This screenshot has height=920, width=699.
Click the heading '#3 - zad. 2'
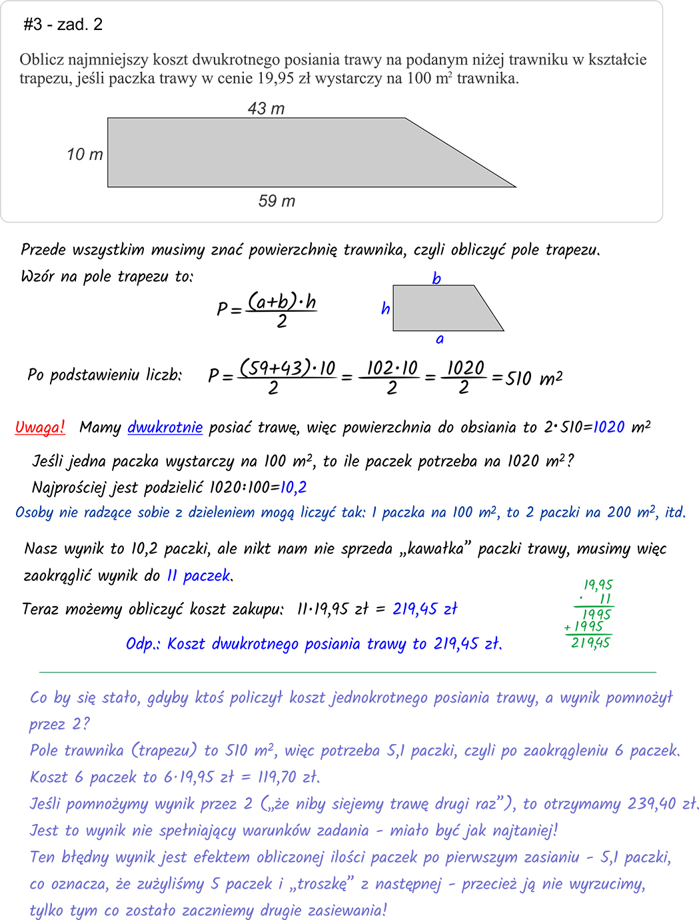coord(63,25)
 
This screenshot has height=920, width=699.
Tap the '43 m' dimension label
coord(266,109)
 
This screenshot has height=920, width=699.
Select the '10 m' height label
coord(85,155)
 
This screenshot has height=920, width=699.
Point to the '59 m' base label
coord(277,201)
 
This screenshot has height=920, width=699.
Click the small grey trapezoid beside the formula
coord(440,308)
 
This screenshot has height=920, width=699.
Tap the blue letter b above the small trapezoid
coord(436,278)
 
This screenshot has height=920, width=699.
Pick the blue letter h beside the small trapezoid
coord(385,308)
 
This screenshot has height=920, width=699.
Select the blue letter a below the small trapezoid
coord(440,339)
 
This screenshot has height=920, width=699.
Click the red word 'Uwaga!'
coord(40,427)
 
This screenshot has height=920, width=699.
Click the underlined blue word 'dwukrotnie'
coord(165,427)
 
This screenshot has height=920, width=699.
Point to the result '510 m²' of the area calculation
coord(533,378)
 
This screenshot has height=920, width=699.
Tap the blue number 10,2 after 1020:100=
coord(293,488)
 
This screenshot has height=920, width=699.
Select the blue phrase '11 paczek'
coord(199,575)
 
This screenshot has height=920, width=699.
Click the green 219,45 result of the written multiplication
coord(590,643)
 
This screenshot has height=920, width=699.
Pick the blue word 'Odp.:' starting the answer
coord(143,644)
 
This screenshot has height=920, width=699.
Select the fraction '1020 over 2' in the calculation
coord(464,377)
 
